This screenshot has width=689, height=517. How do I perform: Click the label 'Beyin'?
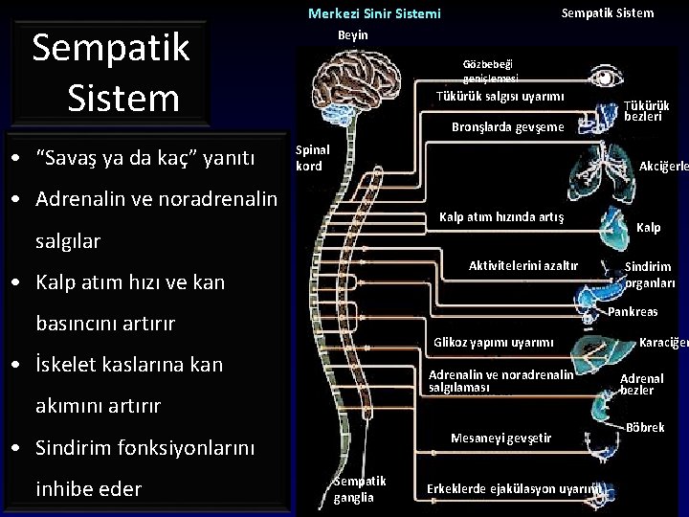click(x=352, y=35)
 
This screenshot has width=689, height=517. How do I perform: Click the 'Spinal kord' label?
click(x=312, y=158)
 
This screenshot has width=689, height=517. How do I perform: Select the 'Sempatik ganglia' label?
click(x=360, y=488)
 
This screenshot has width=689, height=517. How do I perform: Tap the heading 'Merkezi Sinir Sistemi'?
click(x=374, y=13)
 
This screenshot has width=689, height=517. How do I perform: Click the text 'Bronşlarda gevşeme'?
click(x=508, y=126)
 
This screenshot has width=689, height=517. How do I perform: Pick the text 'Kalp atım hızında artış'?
click(x=500, y=217)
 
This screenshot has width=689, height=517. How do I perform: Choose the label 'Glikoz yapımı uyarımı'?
click(x=494, y=343)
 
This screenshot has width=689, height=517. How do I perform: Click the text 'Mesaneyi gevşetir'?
click(x=500, y=438)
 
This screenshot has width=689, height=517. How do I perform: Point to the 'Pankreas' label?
click(x=633, y=312)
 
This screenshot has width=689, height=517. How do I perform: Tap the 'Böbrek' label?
click(x=645, y=427)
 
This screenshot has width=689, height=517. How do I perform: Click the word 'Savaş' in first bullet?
click(x=74, y=157)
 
